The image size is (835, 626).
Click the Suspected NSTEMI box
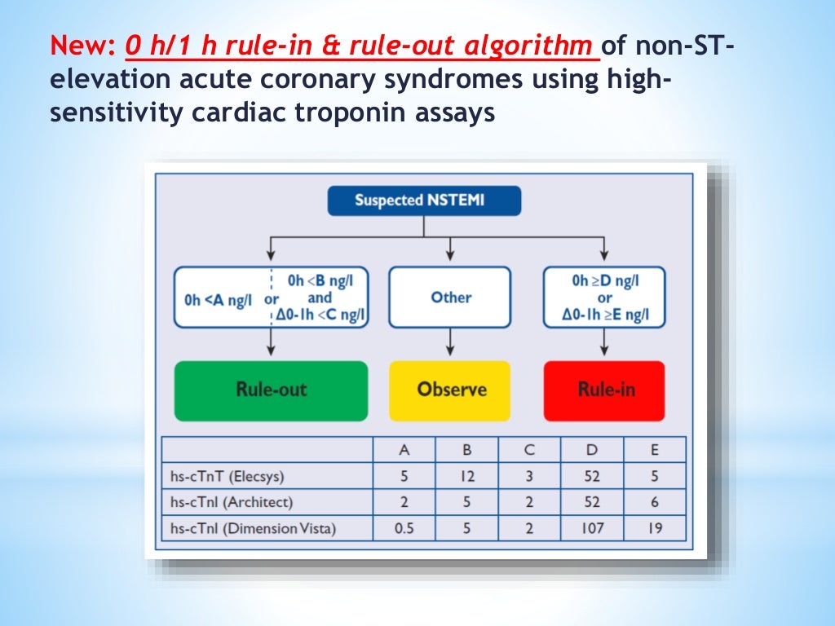tap(424, 201)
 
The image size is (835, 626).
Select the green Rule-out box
tap(271, 390)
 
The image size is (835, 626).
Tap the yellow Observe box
tap(451, 390)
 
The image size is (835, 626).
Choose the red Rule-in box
tap(605, 390)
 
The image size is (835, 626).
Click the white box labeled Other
tap(451, 298)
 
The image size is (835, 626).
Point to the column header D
tap(592, 450)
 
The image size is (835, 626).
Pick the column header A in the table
tap(404, 450)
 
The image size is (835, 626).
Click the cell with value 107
tap(592, 528)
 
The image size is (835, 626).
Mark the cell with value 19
tap(655, 528)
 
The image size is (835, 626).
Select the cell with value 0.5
tap(404, 528)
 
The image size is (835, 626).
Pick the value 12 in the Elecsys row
tap(466, 476)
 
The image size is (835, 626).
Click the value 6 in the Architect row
tap(655, 502)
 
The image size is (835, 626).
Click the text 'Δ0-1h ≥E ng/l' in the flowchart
tap(605, 315)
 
